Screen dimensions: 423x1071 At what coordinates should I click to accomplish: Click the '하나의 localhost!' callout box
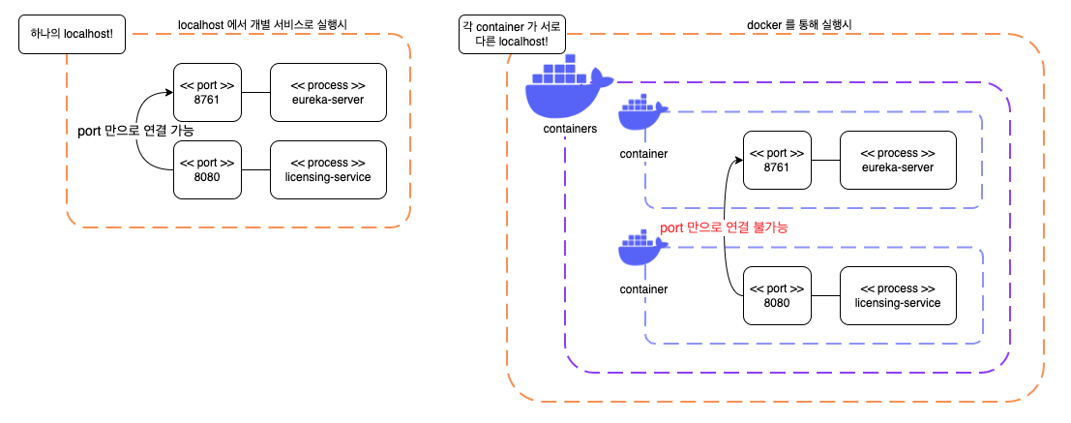[67, 34]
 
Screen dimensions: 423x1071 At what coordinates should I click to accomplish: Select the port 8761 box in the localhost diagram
[207, 93]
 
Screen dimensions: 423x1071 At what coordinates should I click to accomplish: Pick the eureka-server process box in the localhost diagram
[328, 93]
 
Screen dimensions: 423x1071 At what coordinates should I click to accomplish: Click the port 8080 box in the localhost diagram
[207, 170]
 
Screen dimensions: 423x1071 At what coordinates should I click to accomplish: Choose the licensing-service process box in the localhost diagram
[328, 170]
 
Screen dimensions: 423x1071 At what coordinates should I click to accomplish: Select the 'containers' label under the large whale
[570, 128]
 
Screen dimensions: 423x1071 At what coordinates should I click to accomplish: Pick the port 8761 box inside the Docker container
[777, 161]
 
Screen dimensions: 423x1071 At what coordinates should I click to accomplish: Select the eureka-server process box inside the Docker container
[898, 161]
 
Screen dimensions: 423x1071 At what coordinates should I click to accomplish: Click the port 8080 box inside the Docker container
[777, 295]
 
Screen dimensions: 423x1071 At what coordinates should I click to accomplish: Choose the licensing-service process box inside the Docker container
[898, 295]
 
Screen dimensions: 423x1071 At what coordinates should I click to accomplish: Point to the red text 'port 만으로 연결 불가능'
[724, 227]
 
